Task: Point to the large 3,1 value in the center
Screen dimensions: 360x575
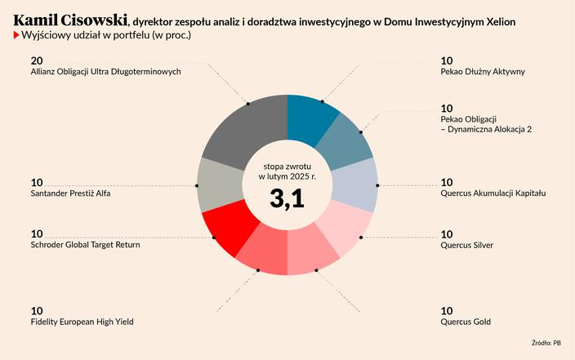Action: click(287, 198)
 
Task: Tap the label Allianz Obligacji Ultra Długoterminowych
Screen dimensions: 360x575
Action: click(105, 72)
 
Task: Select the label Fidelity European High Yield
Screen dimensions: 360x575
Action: click(82, 322)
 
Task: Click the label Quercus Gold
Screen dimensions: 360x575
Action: click(466, 322)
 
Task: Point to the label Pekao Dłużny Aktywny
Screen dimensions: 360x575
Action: click(482, 72)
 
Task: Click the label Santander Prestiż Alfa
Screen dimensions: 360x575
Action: click(69, 193)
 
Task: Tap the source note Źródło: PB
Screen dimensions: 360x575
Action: click(546, 343)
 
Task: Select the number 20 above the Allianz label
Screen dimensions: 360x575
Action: click(37, 60)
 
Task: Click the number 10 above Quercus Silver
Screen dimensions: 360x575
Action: click(447, 233)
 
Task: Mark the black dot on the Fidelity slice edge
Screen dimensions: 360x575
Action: click(257, 270)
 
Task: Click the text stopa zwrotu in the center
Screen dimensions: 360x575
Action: click(287, 164)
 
